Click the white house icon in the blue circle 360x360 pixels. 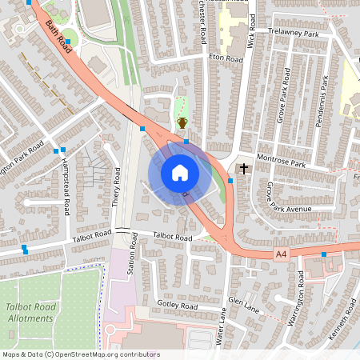tap(180, 173)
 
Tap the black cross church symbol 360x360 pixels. tap(243, 169)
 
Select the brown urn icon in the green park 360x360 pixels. tap(182, 122)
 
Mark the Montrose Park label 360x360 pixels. tap(282, 162)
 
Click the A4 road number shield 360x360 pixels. tap(280, 254)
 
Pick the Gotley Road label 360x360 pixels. tap(178, 306)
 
